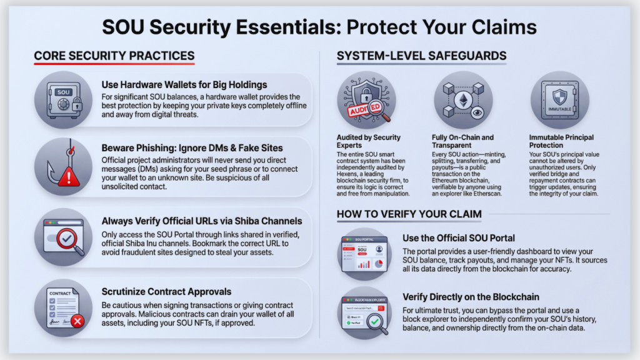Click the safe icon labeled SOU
tap(64, 101)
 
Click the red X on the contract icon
tap(77, 321)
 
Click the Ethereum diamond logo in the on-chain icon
tap(463, 101)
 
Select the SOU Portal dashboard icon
tap(364, 254)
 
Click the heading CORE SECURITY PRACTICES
tap(114, 56)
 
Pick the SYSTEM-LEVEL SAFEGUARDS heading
tap(422, 56)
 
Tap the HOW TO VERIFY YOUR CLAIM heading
tap(409, 214)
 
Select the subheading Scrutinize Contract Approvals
tap(166, 292)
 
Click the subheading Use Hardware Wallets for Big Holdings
tap(184, 85)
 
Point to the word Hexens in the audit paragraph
tap(347, 174)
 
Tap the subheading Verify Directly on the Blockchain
tap(471, 297)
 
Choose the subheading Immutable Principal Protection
tap(561, 141)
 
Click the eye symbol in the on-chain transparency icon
tap(477, 112)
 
